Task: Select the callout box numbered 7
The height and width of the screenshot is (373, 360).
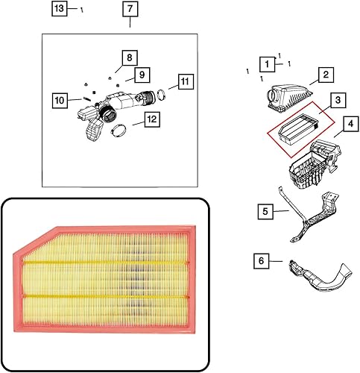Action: click(x=130, y=9)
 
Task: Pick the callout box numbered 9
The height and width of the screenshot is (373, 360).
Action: click(x=139, y=75)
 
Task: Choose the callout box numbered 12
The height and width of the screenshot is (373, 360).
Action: click(x=151, y=118)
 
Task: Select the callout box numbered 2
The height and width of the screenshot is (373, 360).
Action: click(x=325, y=75)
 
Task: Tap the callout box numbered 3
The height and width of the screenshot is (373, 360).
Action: click(x=337, y=99)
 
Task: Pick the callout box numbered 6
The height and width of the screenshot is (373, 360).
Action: click(x=261, y=261)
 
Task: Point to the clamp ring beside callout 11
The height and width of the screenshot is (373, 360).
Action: click(x=158, y=94)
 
